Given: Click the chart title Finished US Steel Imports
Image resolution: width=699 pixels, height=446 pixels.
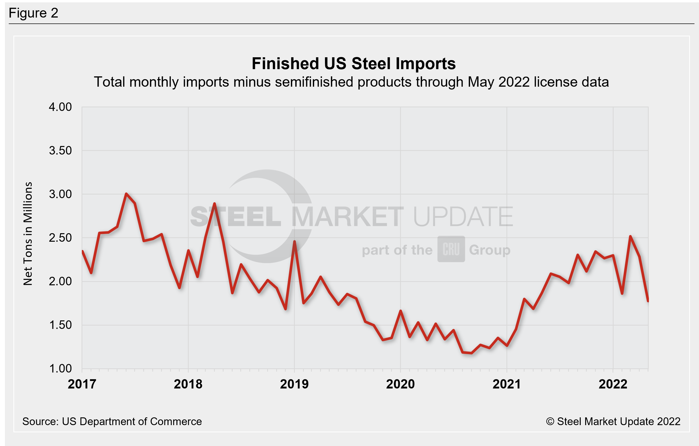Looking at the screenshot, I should click(x=353, y=63).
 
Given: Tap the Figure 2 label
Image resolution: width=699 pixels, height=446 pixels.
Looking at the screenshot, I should click(x=33, y=13).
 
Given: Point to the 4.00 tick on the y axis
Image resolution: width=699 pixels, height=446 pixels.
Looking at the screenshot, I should click(x=60, y=107).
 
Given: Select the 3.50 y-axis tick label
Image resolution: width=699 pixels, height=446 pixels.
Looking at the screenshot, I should click(x=60, y=151).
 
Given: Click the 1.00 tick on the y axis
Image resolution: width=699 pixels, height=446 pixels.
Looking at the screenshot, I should click(x=60, y=369).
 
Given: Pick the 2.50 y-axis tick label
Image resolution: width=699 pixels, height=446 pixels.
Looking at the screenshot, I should click(x=60, y=238).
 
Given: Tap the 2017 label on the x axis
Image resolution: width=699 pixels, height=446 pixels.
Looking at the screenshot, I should click(x=82, y=384).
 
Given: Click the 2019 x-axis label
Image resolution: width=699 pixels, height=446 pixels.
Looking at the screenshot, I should click(x=294, y=384).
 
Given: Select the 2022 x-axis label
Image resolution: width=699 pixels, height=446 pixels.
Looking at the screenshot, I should click(x=613, y=384).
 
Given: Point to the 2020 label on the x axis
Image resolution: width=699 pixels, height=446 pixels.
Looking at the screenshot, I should click(x=400, y=384).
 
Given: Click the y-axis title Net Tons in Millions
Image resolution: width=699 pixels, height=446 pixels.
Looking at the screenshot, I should click(x=28, y=234).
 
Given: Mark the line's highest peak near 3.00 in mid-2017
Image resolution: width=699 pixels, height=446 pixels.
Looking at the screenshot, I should click(x=126, y=193).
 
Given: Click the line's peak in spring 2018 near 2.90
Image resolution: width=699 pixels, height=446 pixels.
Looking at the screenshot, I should click(x=215, y=204).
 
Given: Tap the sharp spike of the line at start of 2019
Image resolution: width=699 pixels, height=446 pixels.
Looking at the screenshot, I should click(x=294, y=241).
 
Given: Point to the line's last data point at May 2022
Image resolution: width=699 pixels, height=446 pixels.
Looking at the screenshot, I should click(x=648, y=301).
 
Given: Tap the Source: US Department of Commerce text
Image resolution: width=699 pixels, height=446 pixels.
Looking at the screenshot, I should click(x=112, y=421).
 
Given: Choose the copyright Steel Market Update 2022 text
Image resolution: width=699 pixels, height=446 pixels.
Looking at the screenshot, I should click(x=613, y=421).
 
